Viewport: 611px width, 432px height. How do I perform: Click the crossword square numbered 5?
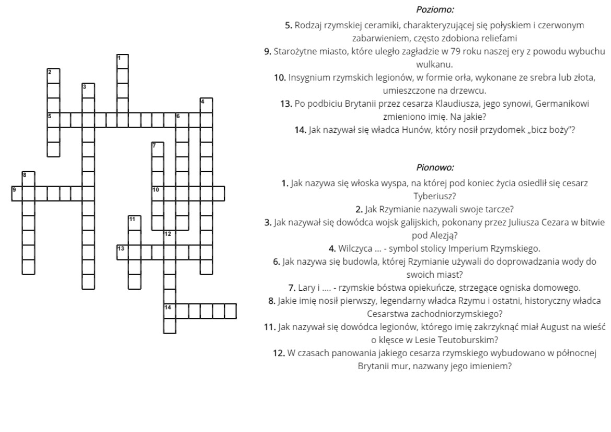pos(53,120)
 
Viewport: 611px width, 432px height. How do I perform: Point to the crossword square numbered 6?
pos(182,120)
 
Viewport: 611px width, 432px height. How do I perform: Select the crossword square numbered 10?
pos(158,193)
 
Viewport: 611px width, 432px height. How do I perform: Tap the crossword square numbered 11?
pos(134,222)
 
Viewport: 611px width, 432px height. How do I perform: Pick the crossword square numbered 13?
pos(122,252)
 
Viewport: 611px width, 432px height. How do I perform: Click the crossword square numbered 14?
pos(170,310)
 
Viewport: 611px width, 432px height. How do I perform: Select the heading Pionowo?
pos(435,168)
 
